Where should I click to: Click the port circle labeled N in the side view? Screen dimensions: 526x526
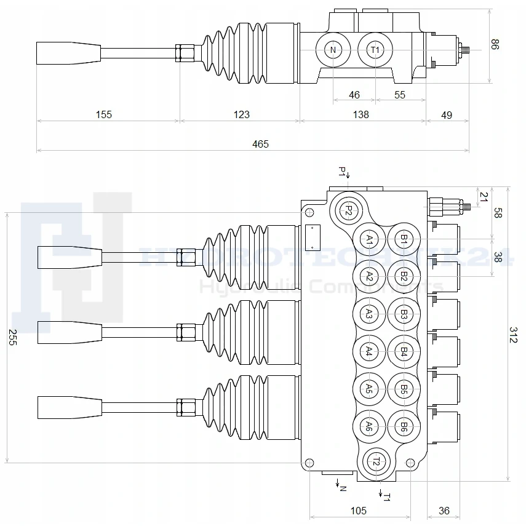[x=333, y=50]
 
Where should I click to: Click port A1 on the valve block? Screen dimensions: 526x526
[x=369, y=239]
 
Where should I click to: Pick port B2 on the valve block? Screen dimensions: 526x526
[x=404, y=277]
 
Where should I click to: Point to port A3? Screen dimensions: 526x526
[x=369, y=314]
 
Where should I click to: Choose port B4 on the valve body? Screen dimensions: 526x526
[x=404, y=351]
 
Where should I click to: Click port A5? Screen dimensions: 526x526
[x=369, y=389]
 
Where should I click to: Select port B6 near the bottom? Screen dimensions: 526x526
[x=404, y=426]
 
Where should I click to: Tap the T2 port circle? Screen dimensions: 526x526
[x=377, y=461]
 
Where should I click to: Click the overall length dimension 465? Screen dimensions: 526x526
[x=261, y=144]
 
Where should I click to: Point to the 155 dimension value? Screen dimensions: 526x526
[x=104, y=114]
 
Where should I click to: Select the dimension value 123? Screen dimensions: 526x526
[x=242, y=114]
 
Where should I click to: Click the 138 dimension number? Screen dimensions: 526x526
[x=361, y=114]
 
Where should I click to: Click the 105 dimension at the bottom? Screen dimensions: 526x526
[x=358, y=511]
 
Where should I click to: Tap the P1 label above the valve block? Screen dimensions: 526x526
[x=343, y=171]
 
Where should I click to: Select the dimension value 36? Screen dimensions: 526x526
[x=444, y=511]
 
